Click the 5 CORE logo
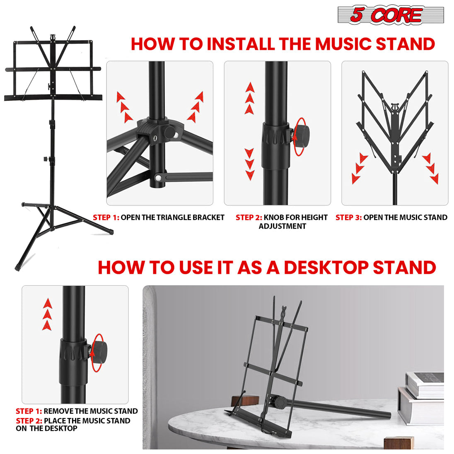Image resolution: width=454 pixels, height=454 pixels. pos(390,15)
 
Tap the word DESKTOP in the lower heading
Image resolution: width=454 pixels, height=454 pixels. pos(326,268)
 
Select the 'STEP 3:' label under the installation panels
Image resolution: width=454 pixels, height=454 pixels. pos(348,217)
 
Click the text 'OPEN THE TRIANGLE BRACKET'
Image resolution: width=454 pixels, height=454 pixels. pos(172,217)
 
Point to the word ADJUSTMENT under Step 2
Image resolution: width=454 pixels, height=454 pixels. pos(282,226)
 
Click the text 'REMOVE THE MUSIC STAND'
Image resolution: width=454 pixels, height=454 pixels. pos(90,411)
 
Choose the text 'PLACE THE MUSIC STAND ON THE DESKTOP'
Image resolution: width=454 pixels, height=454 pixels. pos(73,424)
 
